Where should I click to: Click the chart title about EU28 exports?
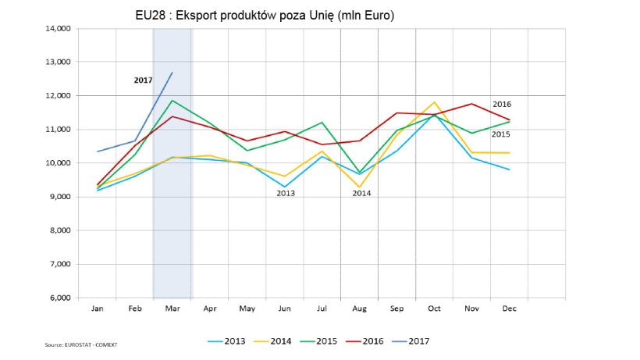[265, 16]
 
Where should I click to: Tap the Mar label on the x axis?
[172, 308]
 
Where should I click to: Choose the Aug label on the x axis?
[359, 308]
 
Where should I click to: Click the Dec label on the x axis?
[509, 308]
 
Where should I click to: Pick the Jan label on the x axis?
[97, 308]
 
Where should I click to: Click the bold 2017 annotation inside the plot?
[143, 79]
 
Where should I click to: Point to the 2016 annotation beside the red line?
[502, 104]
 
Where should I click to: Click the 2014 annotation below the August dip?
[361, 192]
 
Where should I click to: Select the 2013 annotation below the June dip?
[285, 192]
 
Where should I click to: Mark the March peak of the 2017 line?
[172, 73]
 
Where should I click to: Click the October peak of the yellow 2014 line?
[434, 102]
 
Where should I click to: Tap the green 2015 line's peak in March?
[172, 100]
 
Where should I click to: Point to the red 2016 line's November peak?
[472, 104]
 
